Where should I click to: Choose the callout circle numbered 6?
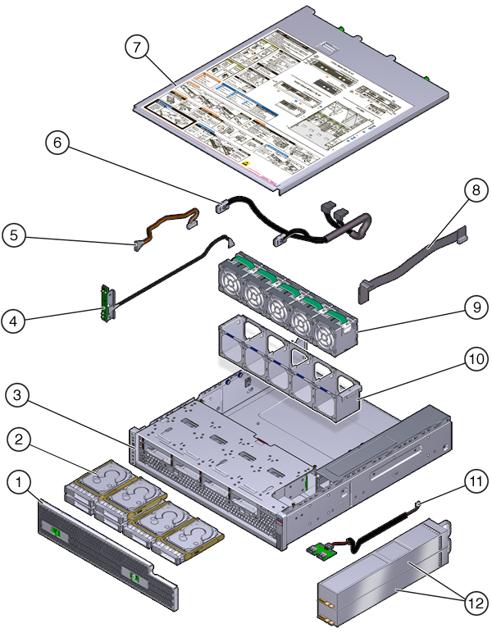tap(58, 143)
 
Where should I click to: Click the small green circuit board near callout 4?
tap(106, 303)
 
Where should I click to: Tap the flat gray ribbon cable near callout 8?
tap(411, 262)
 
